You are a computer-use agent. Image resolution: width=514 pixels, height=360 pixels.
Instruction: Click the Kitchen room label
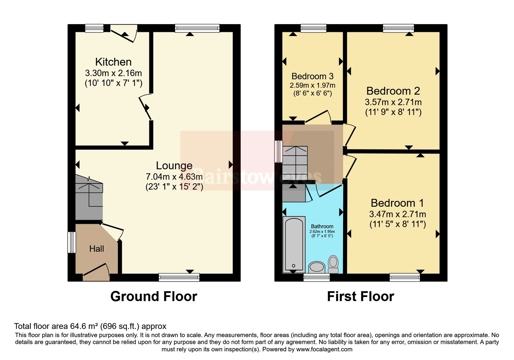[113, 62]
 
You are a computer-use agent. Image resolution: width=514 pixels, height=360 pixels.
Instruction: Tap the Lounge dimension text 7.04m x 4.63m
[174, 176]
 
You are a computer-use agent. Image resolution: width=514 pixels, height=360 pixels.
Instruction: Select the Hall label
[97, 249]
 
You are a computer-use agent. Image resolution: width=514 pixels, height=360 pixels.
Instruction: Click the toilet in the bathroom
[333, 264]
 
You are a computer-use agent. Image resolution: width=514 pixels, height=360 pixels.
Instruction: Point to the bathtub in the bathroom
[294, 245]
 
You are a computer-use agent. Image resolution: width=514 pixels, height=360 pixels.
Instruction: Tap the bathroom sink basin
[317, 267]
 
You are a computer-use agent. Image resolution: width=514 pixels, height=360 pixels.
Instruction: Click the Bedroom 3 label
[312, 76]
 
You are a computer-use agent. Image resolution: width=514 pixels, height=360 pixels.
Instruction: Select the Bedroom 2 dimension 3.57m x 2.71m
[393, 102]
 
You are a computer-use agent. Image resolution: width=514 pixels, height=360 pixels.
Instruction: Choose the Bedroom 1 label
[397, 203]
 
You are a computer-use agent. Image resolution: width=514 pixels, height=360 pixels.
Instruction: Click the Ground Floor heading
[154, 296]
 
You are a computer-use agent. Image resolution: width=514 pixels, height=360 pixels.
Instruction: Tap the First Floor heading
[360, 296]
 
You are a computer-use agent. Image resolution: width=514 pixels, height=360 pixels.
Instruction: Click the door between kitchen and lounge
[145, 107]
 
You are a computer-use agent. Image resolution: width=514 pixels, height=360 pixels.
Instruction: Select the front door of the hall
[96, 272]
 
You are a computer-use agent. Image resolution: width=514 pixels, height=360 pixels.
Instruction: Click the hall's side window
[72, 242]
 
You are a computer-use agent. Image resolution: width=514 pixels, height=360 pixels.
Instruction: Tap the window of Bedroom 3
[314, 28]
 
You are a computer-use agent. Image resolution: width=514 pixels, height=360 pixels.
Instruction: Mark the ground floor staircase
[89, 197]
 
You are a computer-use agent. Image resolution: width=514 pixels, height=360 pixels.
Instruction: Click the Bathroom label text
[322, 226]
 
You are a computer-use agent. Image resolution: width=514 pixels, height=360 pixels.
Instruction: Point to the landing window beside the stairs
[279, 151]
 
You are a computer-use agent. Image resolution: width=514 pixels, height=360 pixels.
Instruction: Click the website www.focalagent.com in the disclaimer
[324, 349]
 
